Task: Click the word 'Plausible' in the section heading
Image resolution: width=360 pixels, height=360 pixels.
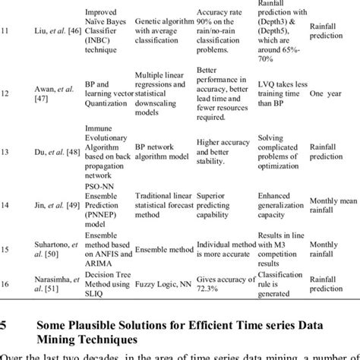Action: point(96,312)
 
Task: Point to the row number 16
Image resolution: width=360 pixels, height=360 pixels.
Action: point(7,282)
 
